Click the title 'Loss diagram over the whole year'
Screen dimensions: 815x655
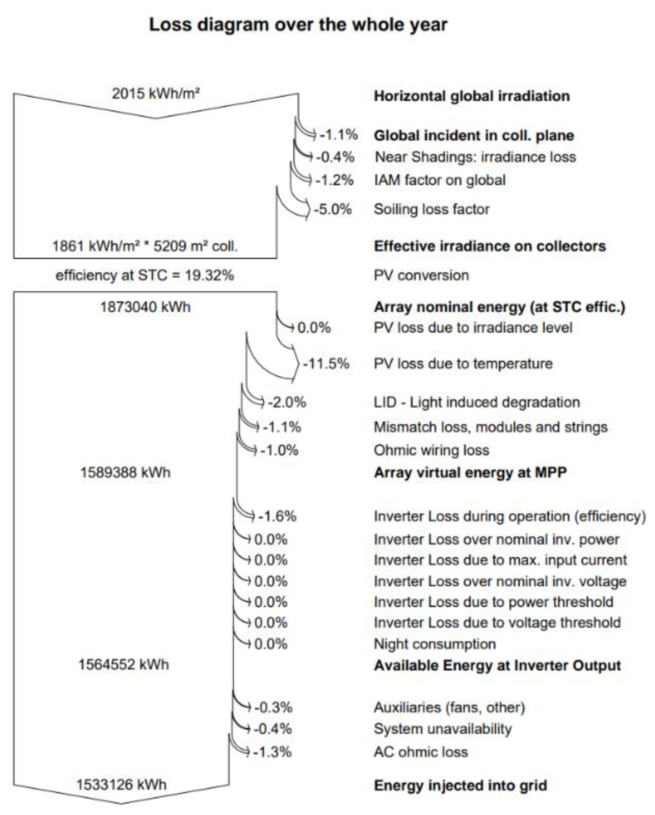[x=298, y=25]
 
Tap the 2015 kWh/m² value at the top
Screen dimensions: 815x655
[x=156, y=93]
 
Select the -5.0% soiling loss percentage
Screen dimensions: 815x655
[x=332, y=209]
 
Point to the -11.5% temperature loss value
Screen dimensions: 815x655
[x=326, y=363]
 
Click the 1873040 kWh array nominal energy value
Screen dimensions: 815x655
[x=145, y=307]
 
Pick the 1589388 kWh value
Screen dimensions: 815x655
[x=125, y=473]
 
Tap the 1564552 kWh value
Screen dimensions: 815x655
[x=123, y=664]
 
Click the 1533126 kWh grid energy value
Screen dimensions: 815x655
[x=121, y=785]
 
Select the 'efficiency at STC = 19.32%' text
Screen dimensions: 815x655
[x=145, y=275]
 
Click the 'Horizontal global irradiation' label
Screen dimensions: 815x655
[x=472, y=96]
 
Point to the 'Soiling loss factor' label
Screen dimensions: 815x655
[x=431, y=209]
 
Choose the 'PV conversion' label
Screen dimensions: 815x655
[x=421, y=275]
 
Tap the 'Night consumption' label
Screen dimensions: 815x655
[x=434, y=644]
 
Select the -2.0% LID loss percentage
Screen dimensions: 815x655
[x=287, y=403]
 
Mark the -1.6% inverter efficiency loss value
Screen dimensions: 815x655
[x=277, y=516]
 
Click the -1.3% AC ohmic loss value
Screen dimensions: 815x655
[x=272, y=752]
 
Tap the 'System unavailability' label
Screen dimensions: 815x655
[x=442, y=729]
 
